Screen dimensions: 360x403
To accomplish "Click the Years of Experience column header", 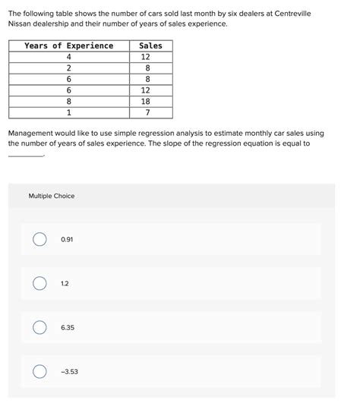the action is (x=69, y=46).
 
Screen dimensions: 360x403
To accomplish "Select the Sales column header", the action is (x=150, y=46).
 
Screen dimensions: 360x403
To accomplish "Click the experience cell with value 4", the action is (x=69, y=57).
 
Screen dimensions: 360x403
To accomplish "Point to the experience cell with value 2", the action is (x=69, y=68).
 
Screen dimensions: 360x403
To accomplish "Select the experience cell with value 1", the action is (x=69, y=112).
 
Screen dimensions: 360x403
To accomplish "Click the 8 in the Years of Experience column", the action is (x=69, y=100).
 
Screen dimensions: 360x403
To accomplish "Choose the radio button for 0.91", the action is (x=39, y=240).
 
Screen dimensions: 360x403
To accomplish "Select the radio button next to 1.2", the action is (x=39, y=284).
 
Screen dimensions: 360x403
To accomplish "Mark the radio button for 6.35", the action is (x=39, y=328).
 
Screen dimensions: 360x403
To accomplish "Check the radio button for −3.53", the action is (x=39, y=372).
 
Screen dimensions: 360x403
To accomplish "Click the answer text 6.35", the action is (x=68, y=328).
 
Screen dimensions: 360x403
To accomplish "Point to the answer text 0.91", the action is (x=68, y=240).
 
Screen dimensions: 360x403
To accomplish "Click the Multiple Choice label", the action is (x=52, y=196).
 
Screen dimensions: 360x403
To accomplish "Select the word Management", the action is (x=33, y=132).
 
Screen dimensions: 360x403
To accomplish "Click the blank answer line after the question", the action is (x=25, y=155).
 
